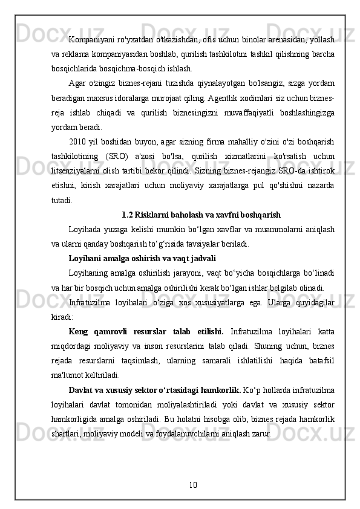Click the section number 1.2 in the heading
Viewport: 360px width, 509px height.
pyautogui.click(x=128, y=214)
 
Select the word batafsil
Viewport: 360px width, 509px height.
pyautogui.click(x=321, y=360)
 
